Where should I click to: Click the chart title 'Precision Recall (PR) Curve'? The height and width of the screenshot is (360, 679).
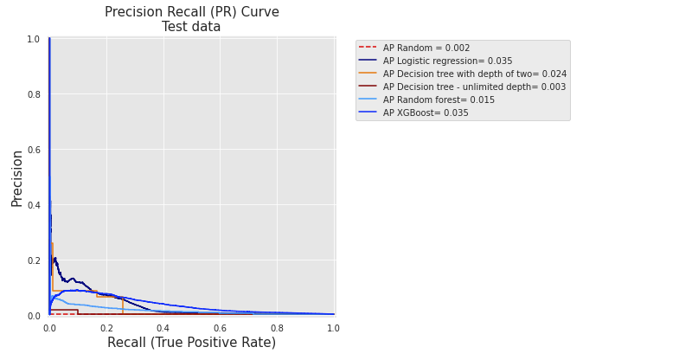[x=191, y=12]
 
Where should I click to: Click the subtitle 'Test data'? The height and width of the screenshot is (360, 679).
[x=191, y=27]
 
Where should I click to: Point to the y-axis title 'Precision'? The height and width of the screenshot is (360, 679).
[x=16, y=177]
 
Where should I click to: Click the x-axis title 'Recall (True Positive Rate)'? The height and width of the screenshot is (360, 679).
[x=191, y=343]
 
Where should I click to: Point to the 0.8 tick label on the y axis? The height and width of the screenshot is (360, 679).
[x=33, y=94]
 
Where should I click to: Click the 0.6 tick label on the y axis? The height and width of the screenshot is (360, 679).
[x=33, y=150]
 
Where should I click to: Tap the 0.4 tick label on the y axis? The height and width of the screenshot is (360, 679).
[x=33, y=205]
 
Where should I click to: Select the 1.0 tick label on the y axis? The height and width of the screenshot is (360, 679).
[x=33, y=39]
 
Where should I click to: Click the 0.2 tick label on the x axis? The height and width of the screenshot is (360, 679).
[x=106, y=329]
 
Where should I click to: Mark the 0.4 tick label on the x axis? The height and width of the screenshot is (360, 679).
[x=163, y=329]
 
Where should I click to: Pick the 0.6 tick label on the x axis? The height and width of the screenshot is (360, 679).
[x=220, y=329]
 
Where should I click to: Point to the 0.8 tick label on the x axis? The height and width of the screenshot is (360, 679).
[x=277, y=329]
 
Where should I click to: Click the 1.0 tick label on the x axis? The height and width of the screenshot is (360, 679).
[x=333, y=329]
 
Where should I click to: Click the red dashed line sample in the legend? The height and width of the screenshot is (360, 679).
[x=368, y=48]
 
